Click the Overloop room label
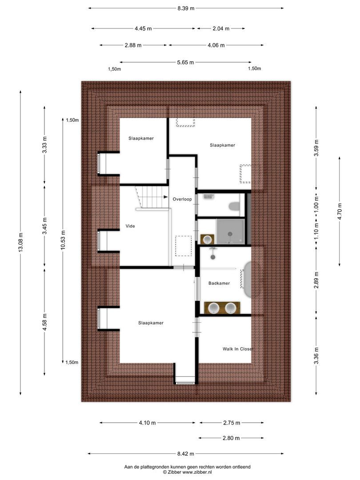(182, 199)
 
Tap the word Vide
(130, 226)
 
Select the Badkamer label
(219, 283)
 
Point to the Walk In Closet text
(238, 349)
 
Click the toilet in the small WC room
(234, 206)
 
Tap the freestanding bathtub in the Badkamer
(248, 280)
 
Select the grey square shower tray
(230, 232)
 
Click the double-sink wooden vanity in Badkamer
(222, 308)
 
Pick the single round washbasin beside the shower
(207, 240)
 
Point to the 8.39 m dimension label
(185, 8)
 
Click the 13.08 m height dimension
(20, 242)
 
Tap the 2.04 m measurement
(221, 28)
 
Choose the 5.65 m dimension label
(185, 62)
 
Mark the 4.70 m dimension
(340, 211)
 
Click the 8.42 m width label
(185, 454)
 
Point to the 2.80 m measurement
(231, 438)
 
